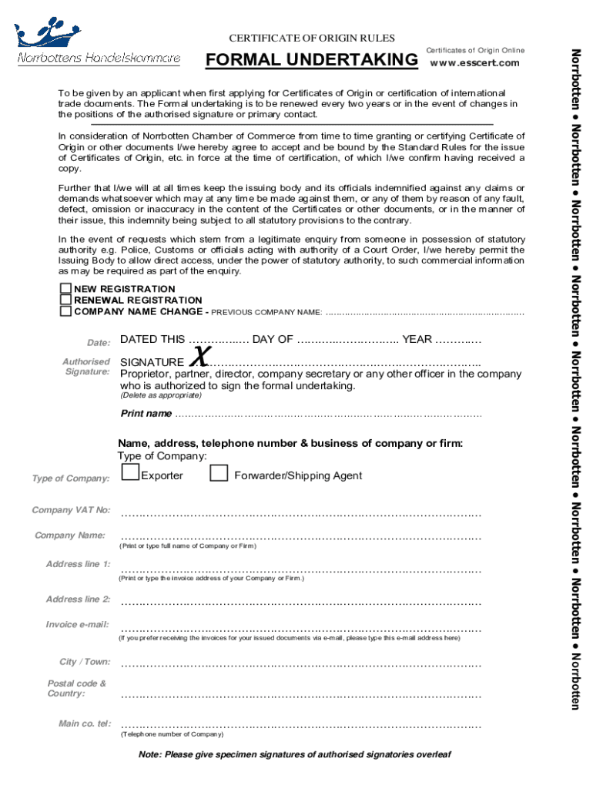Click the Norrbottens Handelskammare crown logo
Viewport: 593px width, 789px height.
coord(49,34)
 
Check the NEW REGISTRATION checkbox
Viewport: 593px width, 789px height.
coord(65,289)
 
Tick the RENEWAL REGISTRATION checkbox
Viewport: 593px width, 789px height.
coord(65,300)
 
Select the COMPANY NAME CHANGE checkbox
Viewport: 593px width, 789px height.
coord(65,312)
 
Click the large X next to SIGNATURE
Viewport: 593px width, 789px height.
coord(199,357)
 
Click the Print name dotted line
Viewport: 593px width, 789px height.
coord(328,415)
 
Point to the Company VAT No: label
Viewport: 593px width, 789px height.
coord(71,511)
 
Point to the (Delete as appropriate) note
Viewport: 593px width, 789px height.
coord(161,395)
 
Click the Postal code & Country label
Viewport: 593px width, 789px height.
coord(77,688)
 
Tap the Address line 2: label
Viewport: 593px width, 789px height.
coord(78,599)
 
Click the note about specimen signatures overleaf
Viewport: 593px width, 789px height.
coord(294,755)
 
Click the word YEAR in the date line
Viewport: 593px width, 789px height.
coord(417,340)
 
